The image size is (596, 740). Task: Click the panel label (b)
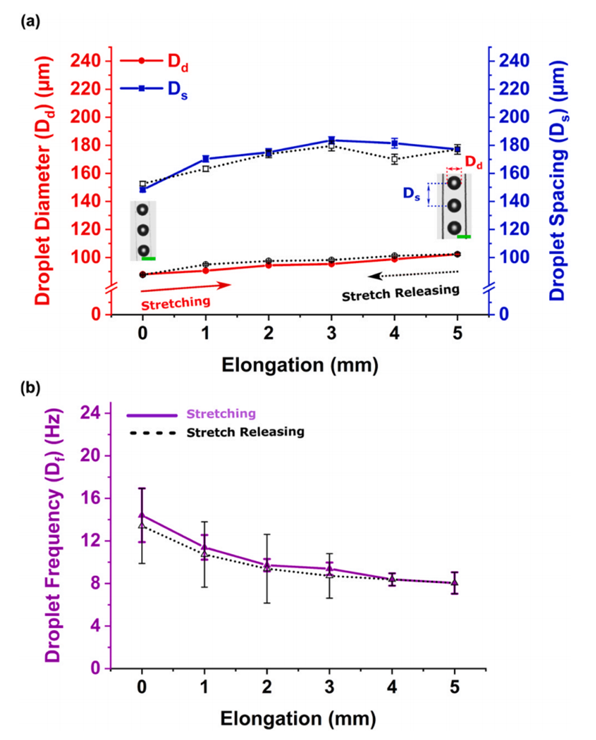pos(31,388)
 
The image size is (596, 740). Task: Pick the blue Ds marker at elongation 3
pos(331,140)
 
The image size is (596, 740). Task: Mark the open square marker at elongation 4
pos(394,159)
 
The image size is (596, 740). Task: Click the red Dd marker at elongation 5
pos(457,254)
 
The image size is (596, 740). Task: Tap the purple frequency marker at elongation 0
pos(142,515)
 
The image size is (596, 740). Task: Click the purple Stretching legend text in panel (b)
pos(221,413)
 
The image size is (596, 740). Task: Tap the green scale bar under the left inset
pos(148,258)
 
